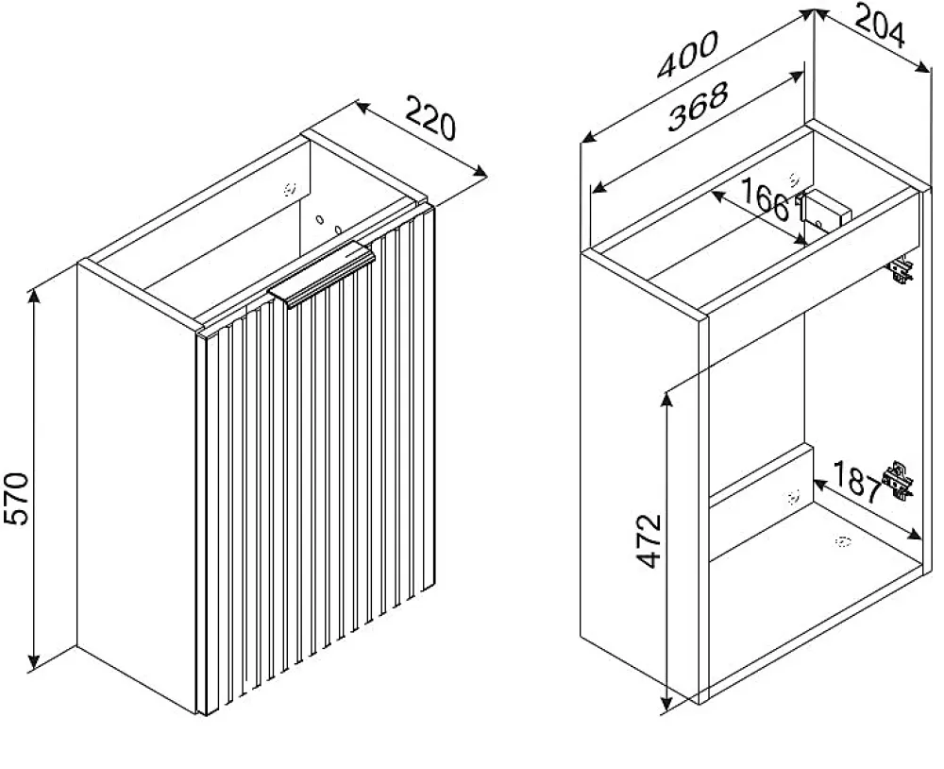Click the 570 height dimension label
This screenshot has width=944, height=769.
17,500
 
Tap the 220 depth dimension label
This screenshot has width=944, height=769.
430,117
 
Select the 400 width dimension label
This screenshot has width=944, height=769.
687,54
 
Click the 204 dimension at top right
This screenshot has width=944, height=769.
880,26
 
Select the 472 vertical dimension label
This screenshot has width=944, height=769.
649,541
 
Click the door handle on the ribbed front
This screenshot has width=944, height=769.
322,274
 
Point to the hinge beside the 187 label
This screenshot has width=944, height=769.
898,481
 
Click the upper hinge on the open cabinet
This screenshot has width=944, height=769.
900,269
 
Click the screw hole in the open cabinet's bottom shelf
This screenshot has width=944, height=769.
842,542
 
